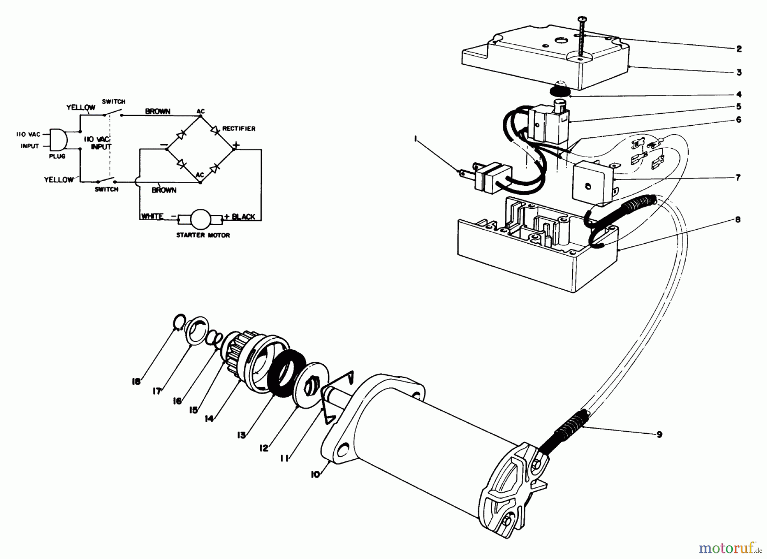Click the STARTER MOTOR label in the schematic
[x=203, y=235]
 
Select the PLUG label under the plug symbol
[x=57, y=156]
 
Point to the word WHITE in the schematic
[x=152, y=216]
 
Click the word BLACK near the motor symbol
[x=243, y=216]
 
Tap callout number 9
[x=659, y=435]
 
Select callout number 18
[x=136, y=382]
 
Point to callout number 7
[x=738, y=177]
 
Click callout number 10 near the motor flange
[x=315, y=474]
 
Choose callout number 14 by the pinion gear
[x=209, y=419]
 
